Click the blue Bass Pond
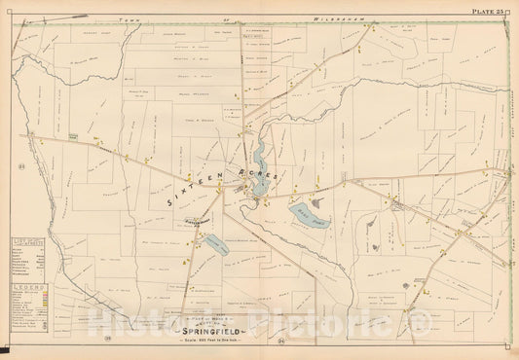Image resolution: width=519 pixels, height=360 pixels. pyautogui.click(x=310, y=215)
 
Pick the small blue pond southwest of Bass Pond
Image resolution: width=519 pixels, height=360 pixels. pyautogui.click(x=216, y=245)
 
